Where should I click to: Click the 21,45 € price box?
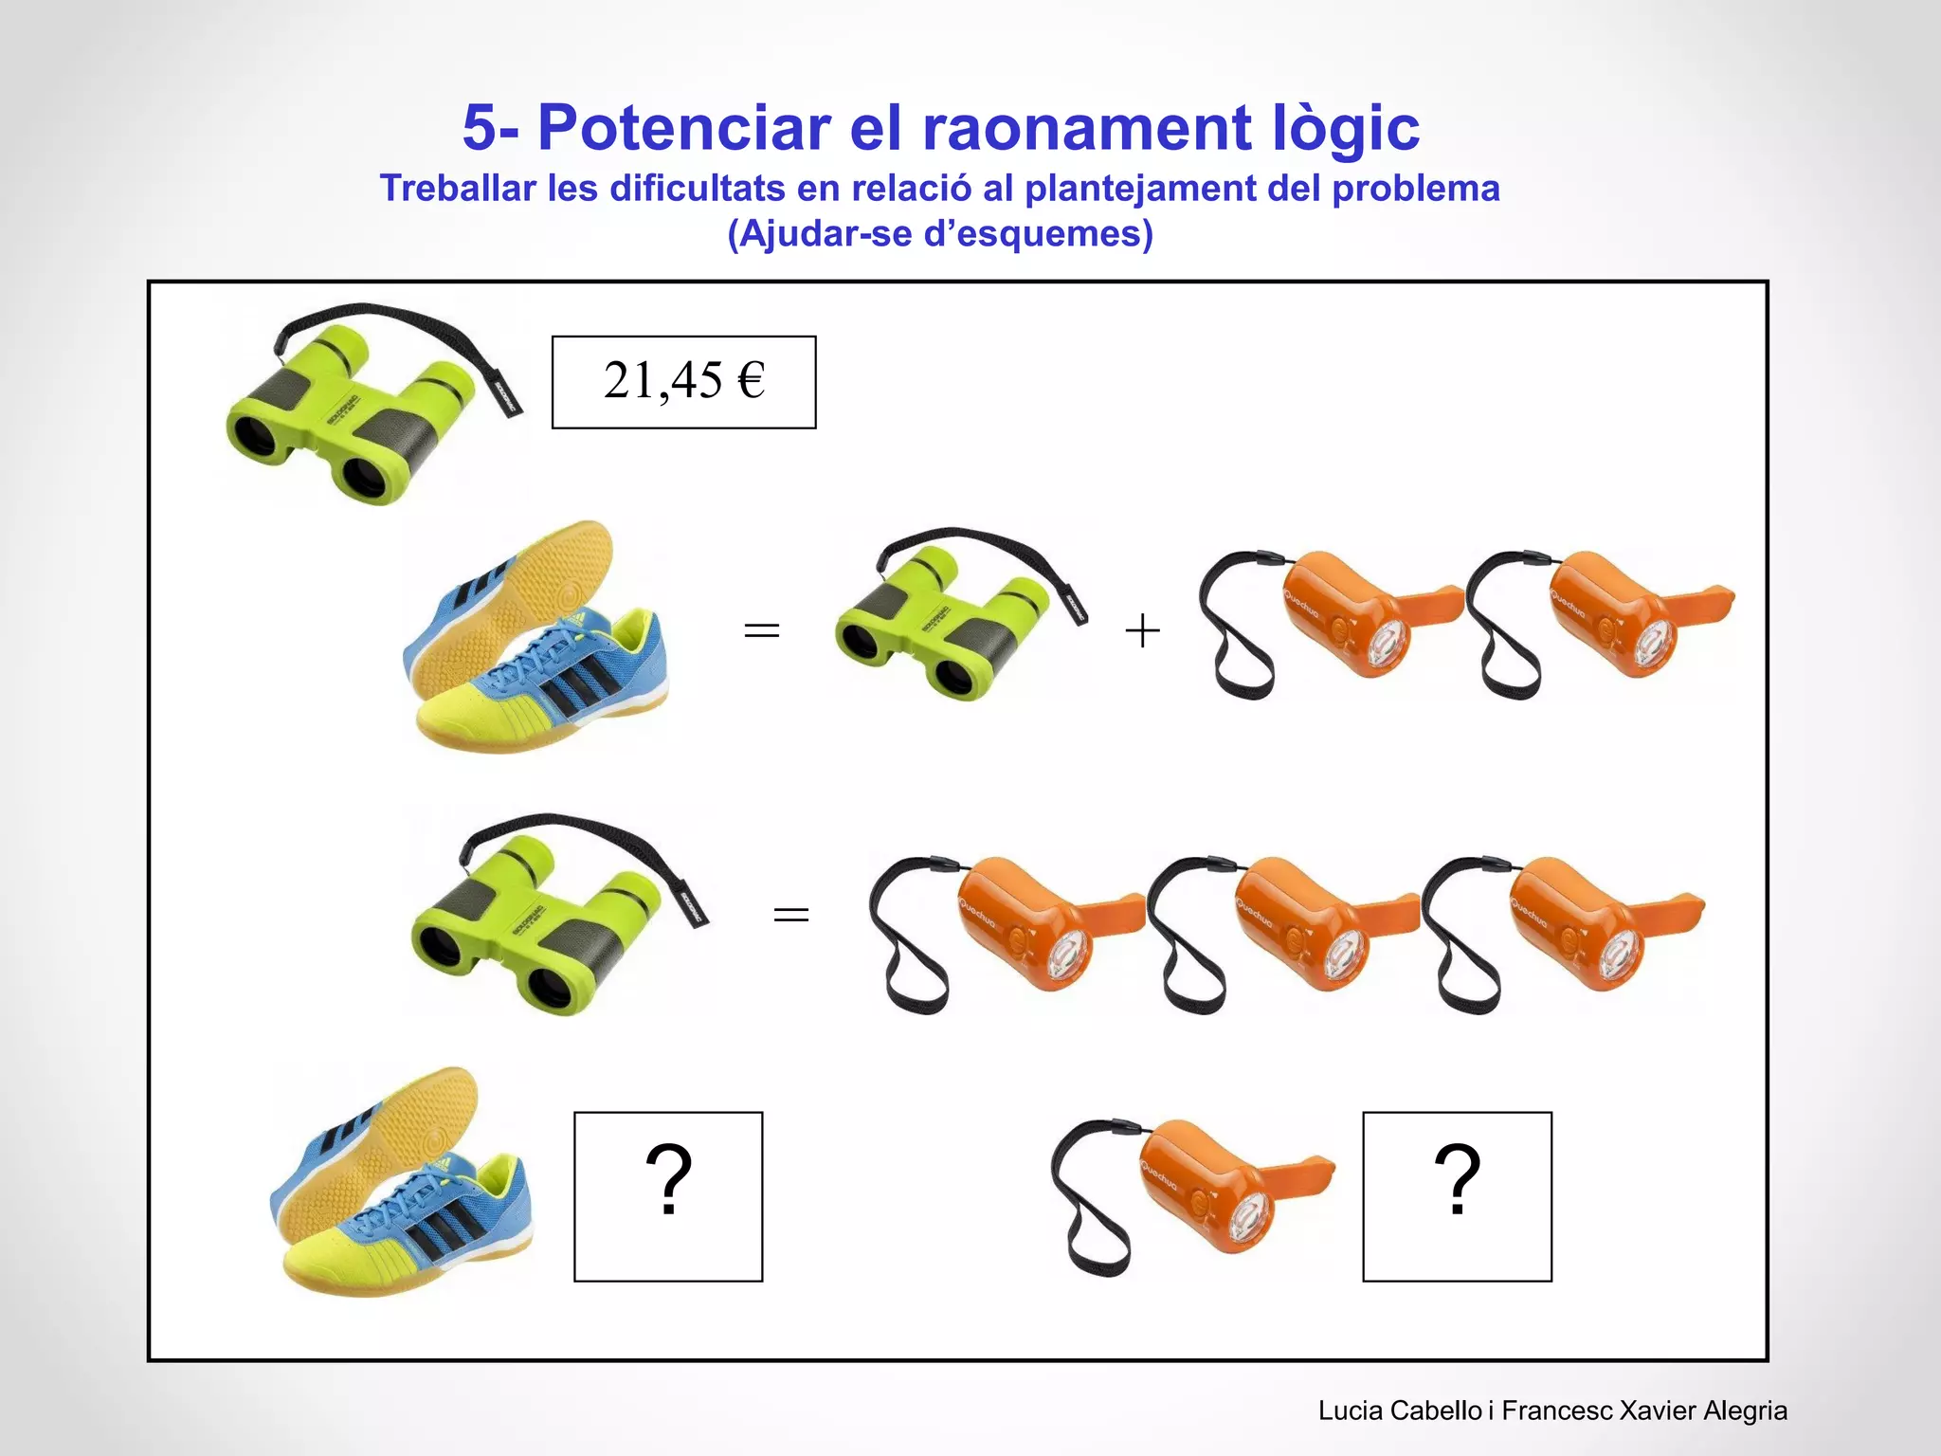pyautogui.click(x=683, y=382)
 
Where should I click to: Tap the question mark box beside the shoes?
pyautogui.click(x=668, y=1196)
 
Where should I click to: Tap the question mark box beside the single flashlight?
pyautogui.click(x=1457, y=1196)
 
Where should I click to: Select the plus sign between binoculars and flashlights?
pyautogui.click(x=1142, y=630)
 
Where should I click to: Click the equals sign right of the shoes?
pyautogui.click(x=761, y=630)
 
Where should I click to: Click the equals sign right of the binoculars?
pyautogui.click(x=791, y=915)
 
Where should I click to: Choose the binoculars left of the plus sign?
pyautogui.click(x=957, y=616)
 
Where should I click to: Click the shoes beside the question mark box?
pyautogui.click(x=403, y=1185)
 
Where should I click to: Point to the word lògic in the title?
pyautogui.click(x=1341, y=128)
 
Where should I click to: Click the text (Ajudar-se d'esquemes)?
pyautogui.click(x=939, y=233)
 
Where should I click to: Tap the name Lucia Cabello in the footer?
pyautogui.click(x=1399, y=1410)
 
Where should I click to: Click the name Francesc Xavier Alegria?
pyautogui.click(x=1644, y=1410)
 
